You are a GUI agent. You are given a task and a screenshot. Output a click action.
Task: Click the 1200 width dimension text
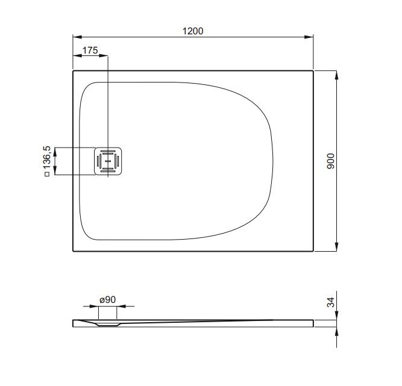(x=193, y=31)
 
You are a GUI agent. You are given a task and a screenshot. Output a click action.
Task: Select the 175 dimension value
(x=90, y=50)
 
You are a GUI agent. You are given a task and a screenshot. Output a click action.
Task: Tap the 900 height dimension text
(x=330, y=161)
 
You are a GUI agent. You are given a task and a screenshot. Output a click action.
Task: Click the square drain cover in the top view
(x=108, y=161)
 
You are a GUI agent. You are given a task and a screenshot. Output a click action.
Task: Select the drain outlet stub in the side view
(x=108, y=314)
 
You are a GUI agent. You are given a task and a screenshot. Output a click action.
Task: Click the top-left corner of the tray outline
(x=74, y=71)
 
